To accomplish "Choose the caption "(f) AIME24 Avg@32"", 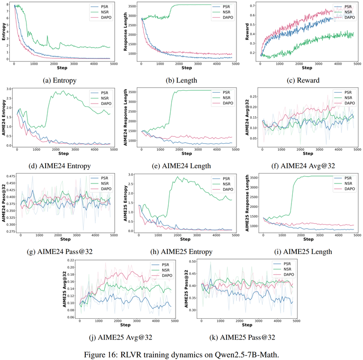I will [303, 166].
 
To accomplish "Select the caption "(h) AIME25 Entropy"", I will [182, 252].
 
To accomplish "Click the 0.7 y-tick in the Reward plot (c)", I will [254, 5].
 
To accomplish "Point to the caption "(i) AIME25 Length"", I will [303, 252].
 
